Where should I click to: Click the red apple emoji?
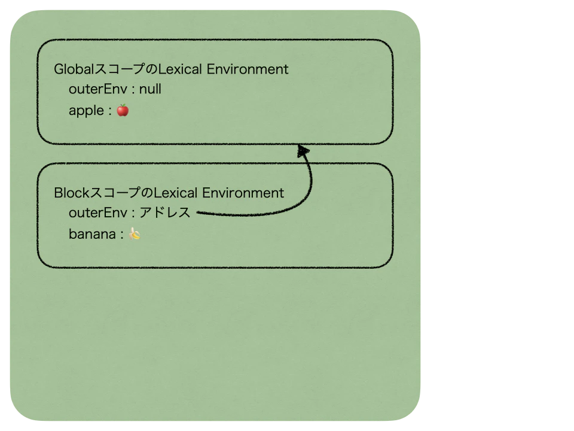(x=123, y=110)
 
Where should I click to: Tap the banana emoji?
(x=135, y=233)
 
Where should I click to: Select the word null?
(x=150, y=89)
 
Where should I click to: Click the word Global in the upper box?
(x=74, y=69)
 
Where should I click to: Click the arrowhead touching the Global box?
(x=303, y=151)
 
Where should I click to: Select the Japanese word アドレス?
(x=165, y=213)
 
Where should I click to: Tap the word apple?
(x=86, y=110)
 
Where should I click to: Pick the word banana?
(x=92, y=234)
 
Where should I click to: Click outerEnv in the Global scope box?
(x=98, y=89)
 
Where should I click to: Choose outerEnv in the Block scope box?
(x=98, y=213)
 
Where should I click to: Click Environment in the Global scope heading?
(x=248, y=69)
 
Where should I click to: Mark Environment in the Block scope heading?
(x=243, y=193)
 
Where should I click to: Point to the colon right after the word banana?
(x=122, y=235)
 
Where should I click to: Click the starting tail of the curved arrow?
(x=197, y=212)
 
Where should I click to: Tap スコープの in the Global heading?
(x=126, y=69)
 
